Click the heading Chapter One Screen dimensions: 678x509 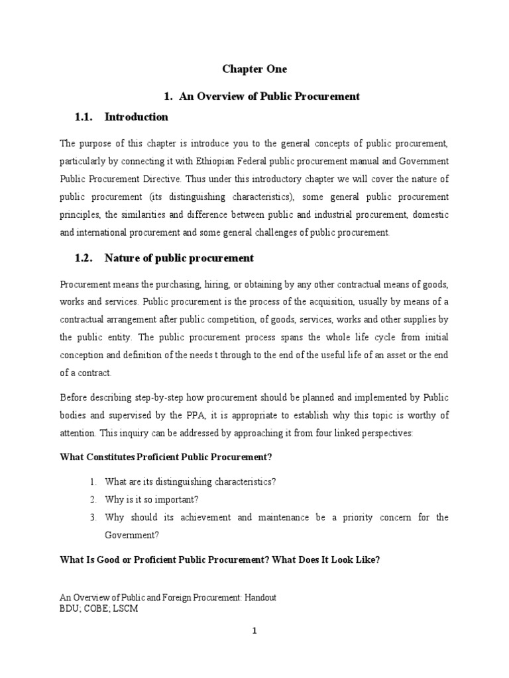point(254,68)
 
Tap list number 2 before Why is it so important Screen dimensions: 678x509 point(94,499)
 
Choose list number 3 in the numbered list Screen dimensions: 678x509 point(94,516)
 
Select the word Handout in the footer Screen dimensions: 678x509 point(260,597)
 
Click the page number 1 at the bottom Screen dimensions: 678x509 point(254,631)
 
